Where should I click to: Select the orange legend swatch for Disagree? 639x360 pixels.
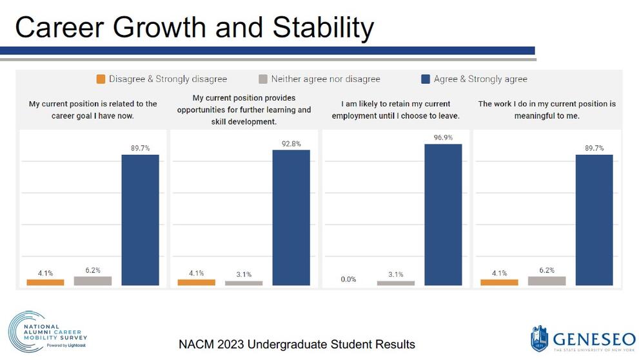pyautogui.click(x=101, y=79)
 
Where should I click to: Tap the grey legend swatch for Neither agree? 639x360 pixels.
pyautogui.click(x=262, y=79)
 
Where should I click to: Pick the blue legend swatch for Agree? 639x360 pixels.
pyautogui.click(x=426, y=79)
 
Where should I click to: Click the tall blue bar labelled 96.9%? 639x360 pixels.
pyautogui.click(x=443, y=214)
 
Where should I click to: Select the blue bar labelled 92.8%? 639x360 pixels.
pyautogui.click(x=291, y=217)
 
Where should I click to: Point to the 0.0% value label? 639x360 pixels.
pyautogui.click(x=348, y=279)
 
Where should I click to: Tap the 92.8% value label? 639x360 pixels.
pyautogui.click(x=291, y=144)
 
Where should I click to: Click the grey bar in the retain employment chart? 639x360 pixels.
pyautogui.click(x=396, y=283)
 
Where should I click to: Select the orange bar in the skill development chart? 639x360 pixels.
pyautogui.click(x=196, y=283)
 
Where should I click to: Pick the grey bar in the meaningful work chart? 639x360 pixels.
pyautogui.click(x=547, y=281)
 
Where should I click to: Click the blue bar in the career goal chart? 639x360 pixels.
pyautogui.click(x=140, y=220)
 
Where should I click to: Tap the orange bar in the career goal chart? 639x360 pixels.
pyautogui.click(x=45, y=283)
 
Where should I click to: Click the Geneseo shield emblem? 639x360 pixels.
pyautogui.click(x=539, y=339)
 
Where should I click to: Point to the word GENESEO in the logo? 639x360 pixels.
pyautogui.click(x=592, y=337)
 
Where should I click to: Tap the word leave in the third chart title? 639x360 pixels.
pyautogui.click(x=446, y=115)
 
